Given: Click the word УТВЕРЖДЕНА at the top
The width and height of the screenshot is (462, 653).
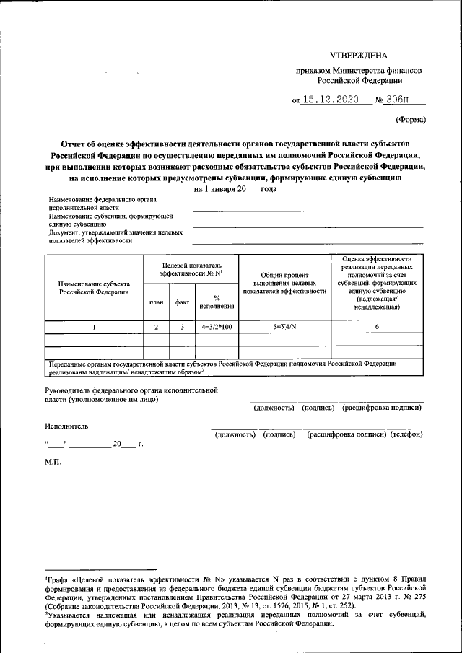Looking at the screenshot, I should click(x=358, y=56).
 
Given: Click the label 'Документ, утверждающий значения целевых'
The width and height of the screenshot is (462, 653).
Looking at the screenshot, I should click(x=115, y=233).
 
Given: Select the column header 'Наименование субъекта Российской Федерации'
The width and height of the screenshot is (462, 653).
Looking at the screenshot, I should click(x=94, y=288).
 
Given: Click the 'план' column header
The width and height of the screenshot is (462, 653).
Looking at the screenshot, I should click(x=156, y=302).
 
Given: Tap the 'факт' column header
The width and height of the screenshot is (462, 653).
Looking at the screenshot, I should click(x=182, y=302).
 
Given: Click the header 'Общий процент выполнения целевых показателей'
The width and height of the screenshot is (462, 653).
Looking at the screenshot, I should click(x=284, y=283).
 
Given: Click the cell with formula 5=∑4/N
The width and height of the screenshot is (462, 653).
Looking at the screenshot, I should click(x=284, y=327).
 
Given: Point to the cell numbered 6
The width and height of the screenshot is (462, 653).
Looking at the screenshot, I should click(x=376, y=327).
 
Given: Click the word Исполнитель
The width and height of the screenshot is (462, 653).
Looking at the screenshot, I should click(x=66, y=426).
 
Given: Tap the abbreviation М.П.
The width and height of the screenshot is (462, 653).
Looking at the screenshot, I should click(x=53, y=461).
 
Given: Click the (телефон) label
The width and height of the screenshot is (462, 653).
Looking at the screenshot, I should click(x=406, y=435).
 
